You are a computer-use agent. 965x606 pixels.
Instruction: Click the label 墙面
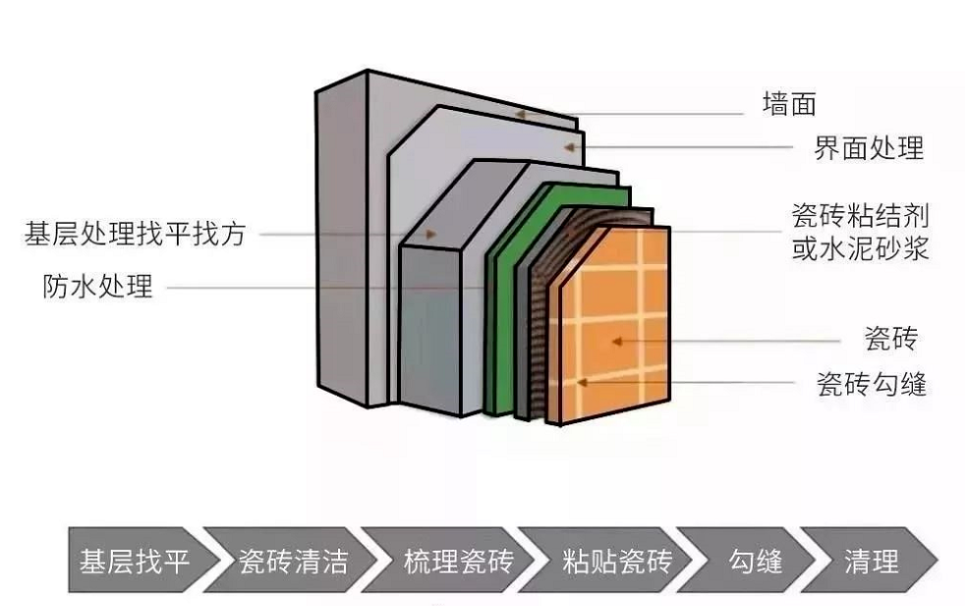pyautogui.click(x=789, y=103)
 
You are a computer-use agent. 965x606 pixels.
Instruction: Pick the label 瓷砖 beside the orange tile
pyautogui.click(x=891, y=340)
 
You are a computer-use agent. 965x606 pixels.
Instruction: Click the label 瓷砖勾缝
pyautogui.click(x=871, y=383)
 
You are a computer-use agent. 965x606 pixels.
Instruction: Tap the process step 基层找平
pyautogui.click(x=134, y=562)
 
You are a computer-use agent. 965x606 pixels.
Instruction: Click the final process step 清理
pyautogui.click(x=872, y=562)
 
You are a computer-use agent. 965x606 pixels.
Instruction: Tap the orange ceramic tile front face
pyautogui.click(x=629, y=314)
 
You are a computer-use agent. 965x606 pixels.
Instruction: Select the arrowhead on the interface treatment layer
pyautogui.click(x=567, y=146)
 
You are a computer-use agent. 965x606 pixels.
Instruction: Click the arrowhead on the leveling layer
pyautogui.click(x=430, y=236)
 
